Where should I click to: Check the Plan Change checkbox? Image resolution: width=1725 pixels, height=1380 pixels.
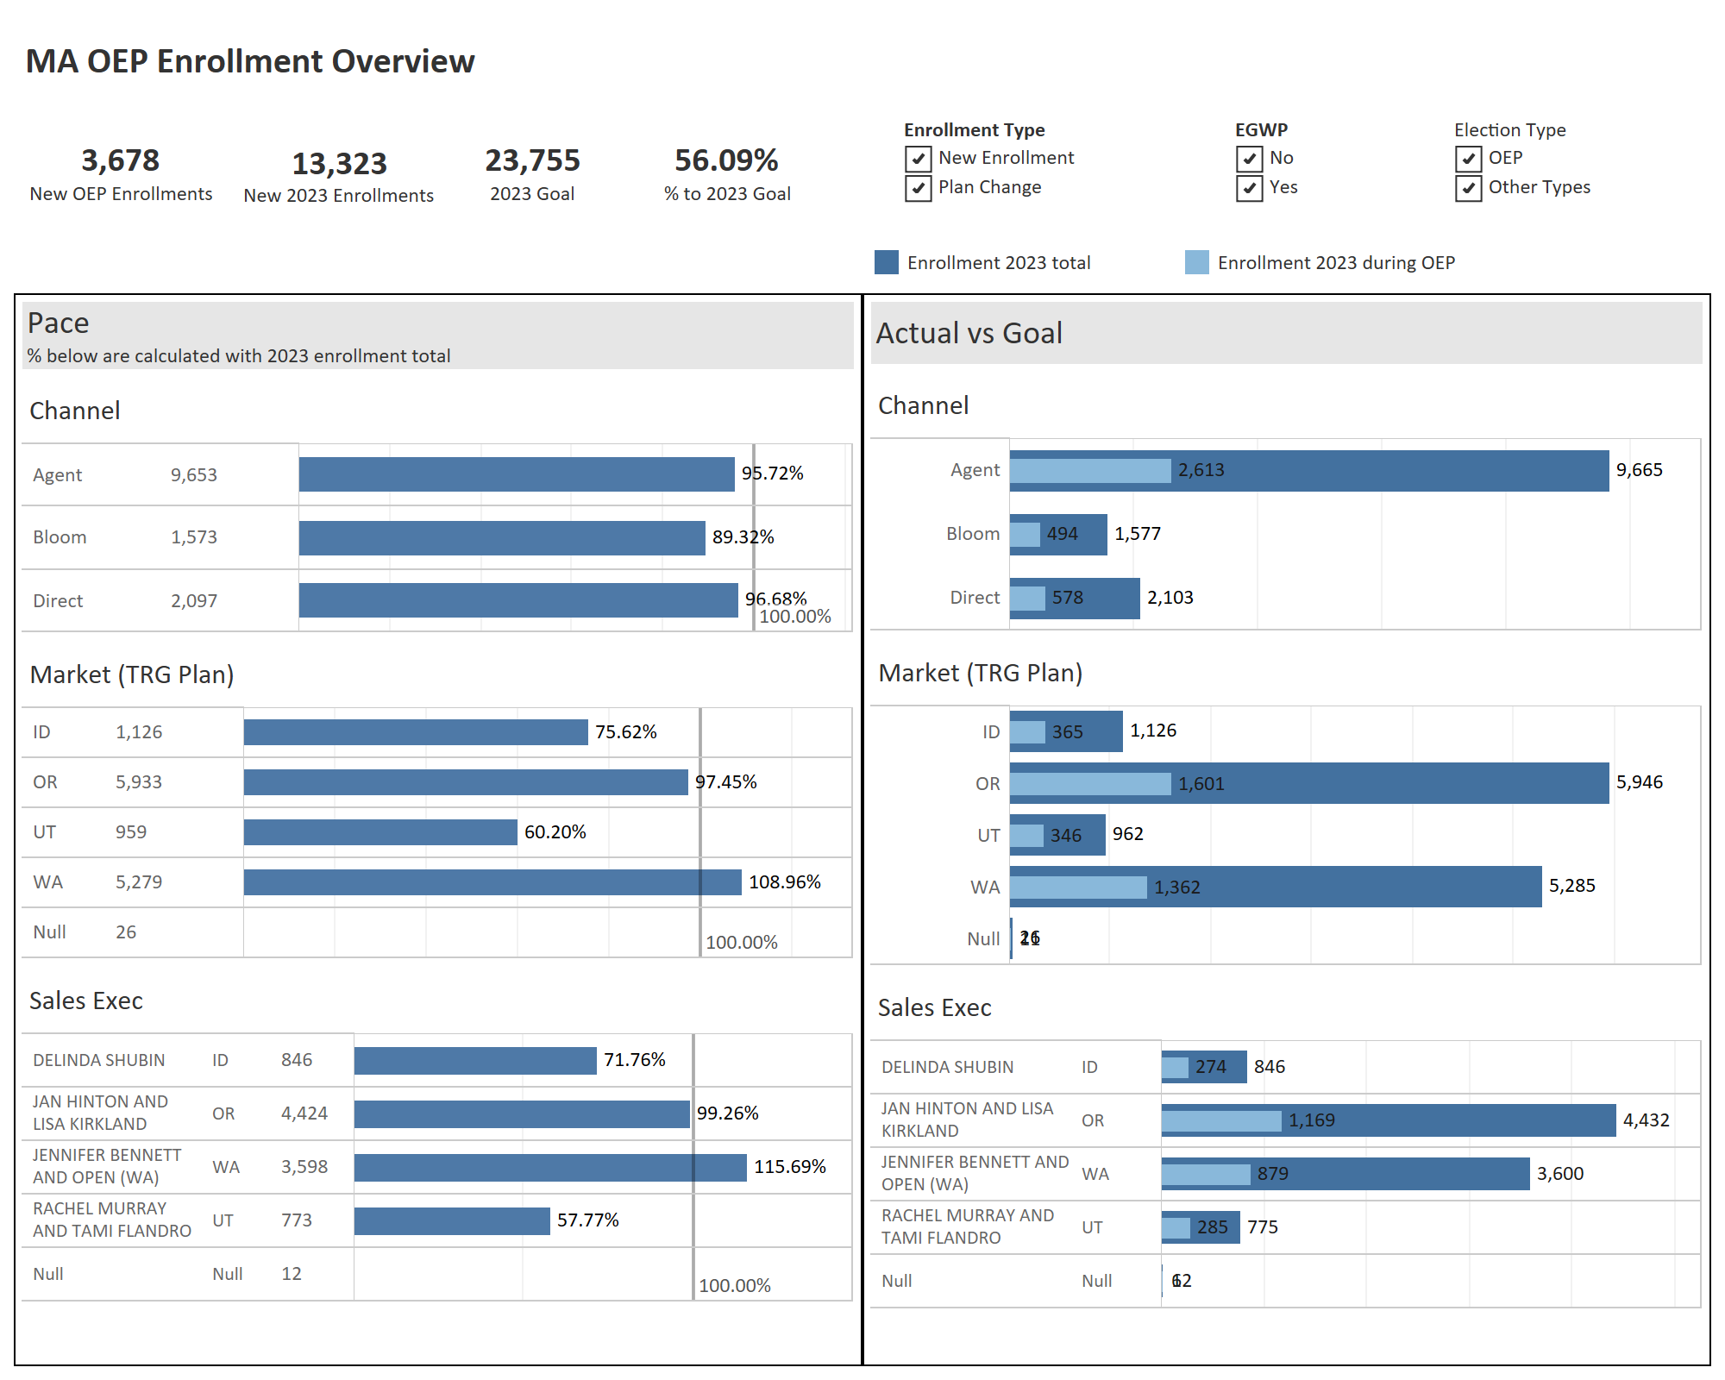point(918,188)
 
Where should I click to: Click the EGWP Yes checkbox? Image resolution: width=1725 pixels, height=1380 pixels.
point(1249,188)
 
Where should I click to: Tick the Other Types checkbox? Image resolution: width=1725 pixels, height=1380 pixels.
point(1468,188)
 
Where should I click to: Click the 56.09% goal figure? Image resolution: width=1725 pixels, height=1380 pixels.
point(726,160)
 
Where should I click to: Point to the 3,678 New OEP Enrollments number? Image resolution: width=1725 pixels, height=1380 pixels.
point(121,160)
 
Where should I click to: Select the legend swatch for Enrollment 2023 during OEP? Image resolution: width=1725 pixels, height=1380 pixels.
point(1196,262)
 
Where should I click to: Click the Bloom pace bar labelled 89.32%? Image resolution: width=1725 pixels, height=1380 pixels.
point(502,537)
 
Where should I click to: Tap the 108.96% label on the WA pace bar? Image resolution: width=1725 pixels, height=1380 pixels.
point(784,881)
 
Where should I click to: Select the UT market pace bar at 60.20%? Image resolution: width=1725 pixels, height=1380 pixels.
point(380,832)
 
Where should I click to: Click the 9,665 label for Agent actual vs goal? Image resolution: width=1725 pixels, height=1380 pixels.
point(1639,470)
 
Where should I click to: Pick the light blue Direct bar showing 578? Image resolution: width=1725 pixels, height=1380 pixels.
point(1027,598)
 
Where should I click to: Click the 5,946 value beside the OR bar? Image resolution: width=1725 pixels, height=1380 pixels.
point(1639,782)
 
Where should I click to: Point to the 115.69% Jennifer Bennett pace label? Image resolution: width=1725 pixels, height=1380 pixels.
point(789,1166)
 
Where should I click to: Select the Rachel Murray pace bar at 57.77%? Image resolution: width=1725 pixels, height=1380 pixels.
point(452,1220)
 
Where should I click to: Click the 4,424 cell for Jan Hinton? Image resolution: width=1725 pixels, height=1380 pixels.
point(304,1113)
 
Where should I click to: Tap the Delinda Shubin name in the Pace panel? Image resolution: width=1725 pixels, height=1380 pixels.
point(99,1060)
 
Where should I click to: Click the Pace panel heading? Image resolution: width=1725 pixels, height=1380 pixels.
point(58,323)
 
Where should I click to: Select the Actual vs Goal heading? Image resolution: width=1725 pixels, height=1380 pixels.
point(969,333)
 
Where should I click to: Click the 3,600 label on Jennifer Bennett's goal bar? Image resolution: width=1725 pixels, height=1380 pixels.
point(1559,1173)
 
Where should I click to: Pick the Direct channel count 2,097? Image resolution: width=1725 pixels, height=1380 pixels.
point(194,601)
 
